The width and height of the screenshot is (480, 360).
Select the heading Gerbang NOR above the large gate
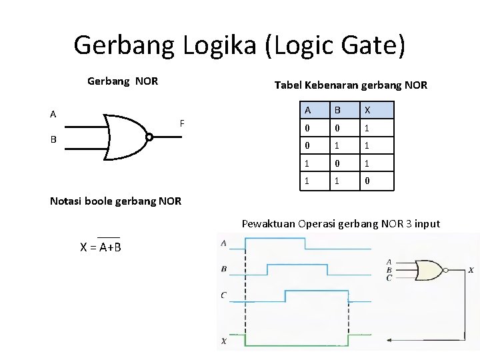(123, 81)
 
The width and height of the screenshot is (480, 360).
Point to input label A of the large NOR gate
(53, 113)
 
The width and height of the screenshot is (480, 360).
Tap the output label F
(181, 123)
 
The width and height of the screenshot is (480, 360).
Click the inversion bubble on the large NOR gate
(149, 138)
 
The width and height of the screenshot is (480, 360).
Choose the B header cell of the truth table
(345, 110)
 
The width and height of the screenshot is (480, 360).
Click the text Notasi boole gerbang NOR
(115, 201)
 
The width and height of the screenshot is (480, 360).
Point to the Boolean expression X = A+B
(100, 247)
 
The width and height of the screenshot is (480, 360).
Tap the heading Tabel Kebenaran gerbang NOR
(351, 85)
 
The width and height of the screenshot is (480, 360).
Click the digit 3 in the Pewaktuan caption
(398, 223)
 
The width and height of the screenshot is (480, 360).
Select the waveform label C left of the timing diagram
(223, 295)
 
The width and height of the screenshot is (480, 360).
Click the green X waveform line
(300, 344)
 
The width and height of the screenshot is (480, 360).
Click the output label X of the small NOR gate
(471, 270)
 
